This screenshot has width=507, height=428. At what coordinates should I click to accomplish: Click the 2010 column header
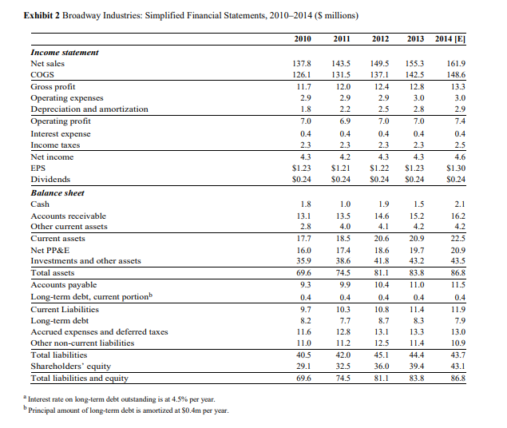pyautogui.click(x=303, y=38)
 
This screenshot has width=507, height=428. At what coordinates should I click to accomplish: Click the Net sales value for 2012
pyautogui.click(x=380, y=62)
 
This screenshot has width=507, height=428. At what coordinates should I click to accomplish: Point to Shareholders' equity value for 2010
pyautogui.click(x=303, y=366)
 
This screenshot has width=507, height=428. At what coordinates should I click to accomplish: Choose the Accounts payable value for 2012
pyautogui.click(x=380, y=285)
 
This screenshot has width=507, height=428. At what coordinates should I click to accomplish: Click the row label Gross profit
pyautogui.click(x=53, y=85)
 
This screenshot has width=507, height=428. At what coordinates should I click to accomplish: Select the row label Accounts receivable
pyautogui.click(x=68, y=216)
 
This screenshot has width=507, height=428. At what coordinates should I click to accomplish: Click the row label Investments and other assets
pyautogui.click(x=85, y=261)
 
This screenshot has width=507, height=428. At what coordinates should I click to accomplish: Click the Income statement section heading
pyautogui.click(x=64, y=51)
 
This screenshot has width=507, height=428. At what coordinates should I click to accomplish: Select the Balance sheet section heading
pyautogui.click(x=58, y=192)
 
